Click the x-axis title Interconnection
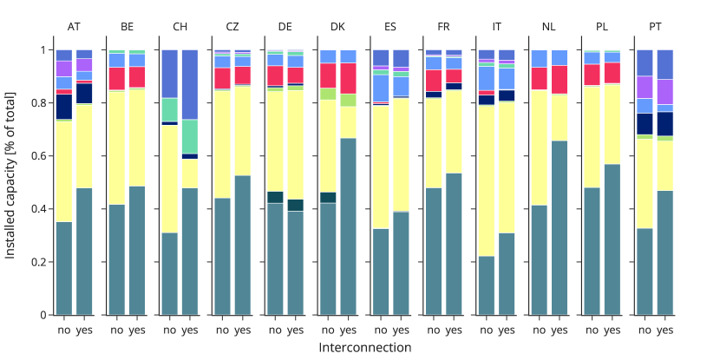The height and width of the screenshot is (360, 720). (x=364, y=348)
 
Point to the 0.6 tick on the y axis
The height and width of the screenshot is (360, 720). (x=39, y=156)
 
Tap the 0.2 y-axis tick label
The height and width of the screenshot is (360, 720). (x=39, y=262)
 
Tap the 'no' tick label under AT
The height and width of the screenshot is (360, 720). (x=64, y=331)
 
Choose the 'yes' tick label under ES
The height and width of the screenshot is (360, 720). (x=401, y=331)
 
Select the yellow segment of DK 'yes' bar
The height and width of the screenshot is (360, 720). (x=349, y=122)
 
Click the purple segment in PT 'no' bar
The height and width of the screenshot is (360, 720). (x=645, y=87)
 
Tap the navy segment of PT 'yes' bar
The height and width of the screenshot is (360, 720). (x=664, y=123)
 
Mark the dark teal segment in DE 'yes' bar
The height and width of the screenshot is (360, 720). (x=296, y=205)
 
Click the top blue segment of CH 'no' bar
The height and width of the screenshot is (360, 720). (x=170, y=74)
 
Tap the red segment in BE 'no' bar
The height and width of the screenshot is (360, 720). (x=117, y=78)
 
